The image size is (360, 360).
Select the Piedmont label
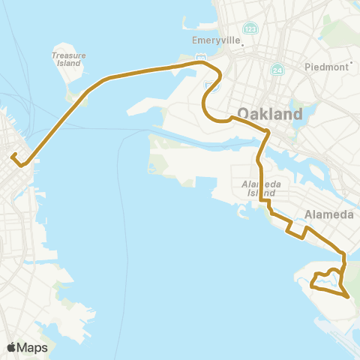[326, 67]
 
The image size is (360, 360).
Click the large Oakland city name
[270, 115]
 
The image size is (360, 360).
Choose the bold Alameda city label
[328, 214]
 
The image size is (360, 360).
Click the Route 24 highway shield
[277, 70]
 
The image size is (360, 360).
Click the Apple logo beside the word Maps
[12, 347]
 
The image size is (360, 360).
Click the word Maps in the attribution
[33, 347]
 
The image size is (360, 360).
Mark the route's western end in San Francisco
[13, 157]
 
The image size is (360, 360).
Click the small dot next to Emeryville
[243, 44]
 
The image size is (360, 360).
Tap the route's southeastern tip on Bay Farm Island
[348, 297]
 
